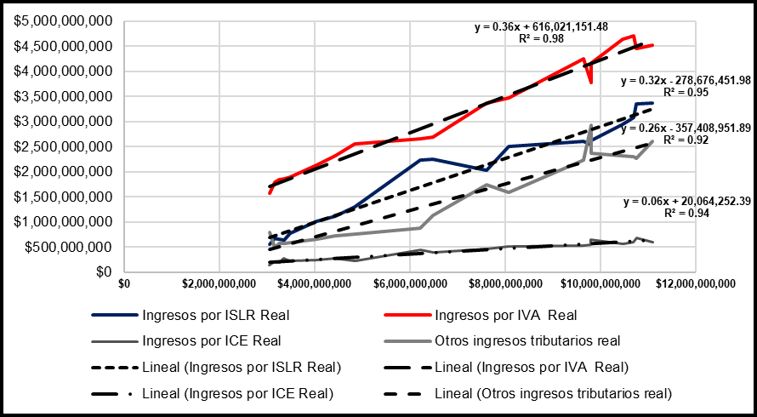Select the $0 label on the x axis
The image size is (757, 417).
[124, 283]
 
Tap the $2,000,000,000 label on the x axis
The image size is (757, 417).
[219, 283]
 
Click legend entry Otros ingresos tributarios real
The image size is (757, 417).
[527, 341]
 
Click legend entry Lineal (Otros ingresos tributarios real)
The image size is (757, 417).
[553, 394]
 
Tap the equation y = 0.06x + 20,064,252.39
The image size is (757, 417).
[685, 202]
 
